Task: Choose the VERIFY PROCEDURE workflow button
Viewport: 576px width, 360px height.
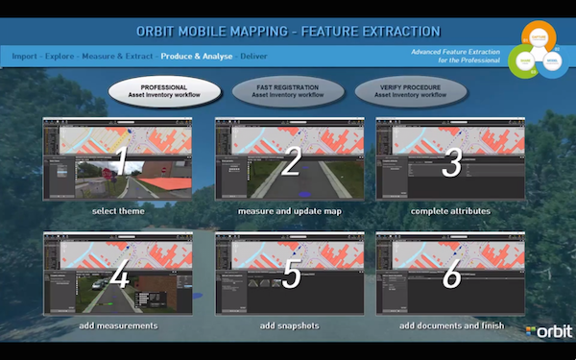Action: pos(411,91)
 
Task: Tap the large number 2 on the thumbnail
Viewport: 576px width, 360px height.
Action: pos(291,159)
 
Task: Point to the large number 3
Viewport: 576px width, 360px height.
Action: pos(450,159)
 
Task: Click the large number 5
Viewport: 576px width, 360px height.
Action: pos(291,275)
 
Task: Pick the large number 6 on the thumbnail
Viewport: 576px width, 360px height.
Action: pos(450,275)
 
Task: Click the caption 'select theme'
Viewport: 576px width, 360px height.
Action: pos(118,210)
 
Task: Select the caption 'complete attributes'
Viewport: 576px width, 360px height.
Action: pos(450,210)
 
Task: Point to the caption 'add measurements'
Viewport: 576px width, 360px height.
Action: pos(118,325)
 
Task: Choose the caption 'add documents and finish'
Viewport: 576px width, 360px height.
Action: pos(450,325)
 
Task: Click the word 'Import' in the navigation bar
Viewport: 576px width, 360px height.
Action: pos(26,57)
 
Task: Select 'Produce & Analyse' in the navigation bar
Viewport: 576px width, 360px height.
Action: pos(197,57)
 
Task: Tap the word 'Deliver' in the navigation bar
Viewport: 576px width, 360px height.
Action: pos(254,57)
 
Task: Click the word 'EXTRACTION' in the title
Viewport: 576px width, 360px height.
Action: pos(395,32)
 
